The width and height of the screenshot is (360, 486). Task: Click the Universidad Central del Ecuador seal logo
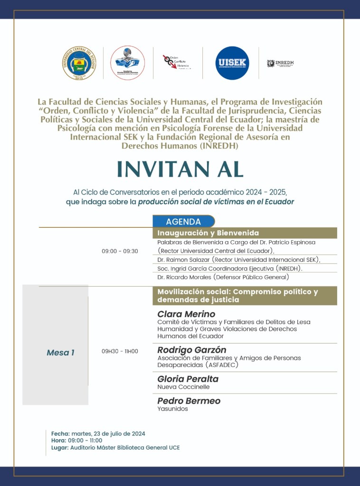point(80,63)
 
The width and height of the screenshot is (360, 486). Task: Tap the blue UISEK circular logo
point(232,63)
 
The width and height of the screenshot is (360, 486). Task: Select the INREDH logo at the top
point(280,63)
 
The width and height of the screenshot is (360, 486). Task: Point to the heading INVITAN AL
point(180,169)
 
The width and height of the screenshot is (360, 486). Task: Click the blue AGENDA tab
point(183,222)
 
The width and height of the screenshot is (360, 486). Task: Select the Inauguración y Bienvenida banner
point(245,233)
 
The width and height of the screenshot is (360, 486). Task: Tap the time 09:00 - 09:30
point(120,251)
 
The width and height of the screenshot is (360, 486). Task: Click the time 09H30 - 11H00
point(120,351)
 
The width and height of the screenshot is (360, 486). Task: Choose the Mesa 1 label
point(60,353)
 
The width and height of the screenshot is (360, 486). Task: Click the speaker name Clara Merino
point(186,314)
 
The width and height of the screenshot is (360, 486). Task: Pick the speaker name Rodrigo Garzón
point(192,350)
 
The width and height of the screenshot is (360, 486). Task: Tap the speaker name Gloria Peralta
point(188,379)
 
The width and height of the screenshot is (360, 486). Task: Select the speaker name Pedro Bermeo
point(189,401)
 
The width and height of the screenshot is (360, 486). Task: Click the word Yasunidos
point(173,409)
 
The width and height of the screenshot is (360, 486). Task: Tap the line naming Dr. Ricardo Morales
point(223,277)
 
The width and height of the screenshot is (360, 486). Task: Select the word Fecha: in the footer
point(60,433)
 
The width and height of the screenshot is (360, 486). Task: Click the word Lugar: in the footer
point(60,448)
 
